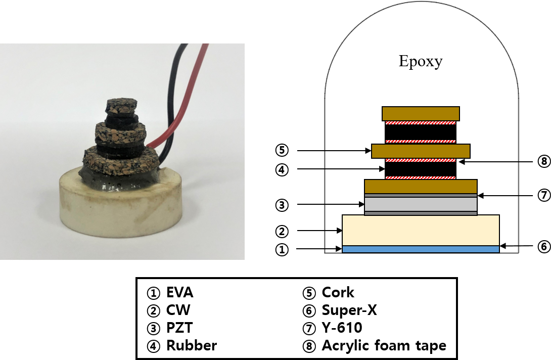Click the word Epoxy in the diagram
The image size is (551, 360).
coord(421,62)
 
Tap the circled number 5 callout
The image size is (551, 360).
coord(282,150)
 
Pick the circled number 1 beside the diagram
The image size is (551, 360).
coord(282,249)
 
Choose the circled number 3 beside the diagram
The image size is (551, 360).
coord(282,205)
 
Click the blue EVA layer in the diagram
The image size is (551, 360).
coord(421,249)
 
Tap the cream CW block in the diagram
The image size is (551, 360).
coord(421,230)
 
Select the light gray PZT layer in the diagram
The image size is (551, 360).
coord(421,204)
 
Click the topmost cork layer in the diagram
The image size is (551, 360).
coord(421,113)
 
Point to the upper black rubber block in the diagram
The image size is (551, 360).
coord(421,132)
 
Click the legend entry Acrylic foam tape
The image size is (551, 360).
coord(377,346)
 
